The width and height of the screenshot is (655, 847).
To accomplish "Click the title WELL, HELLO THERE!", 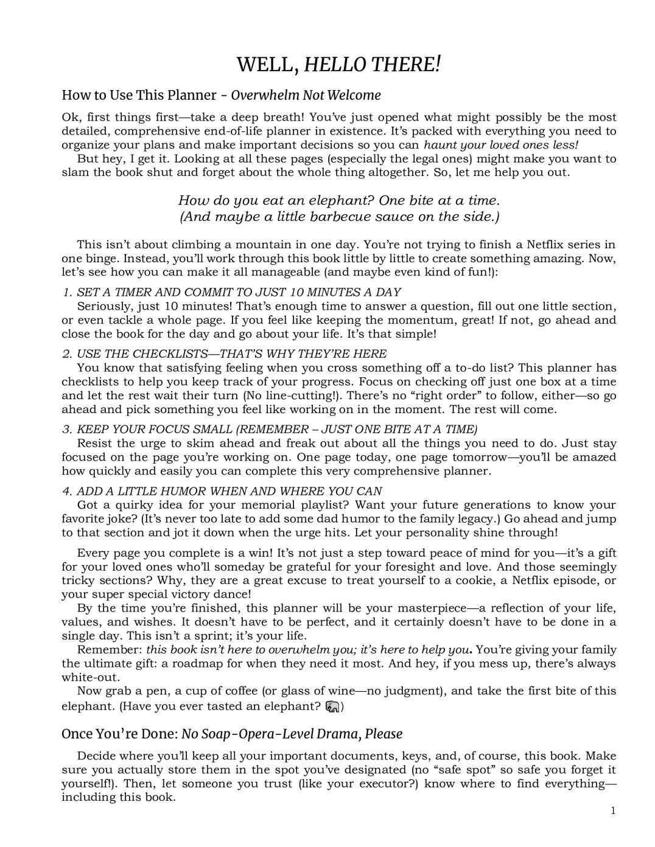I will pyautogui.click(x=338, y=63).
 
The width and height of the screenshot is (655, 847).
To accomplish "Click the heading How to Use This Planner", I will pyautogui.click(x=139, y=95).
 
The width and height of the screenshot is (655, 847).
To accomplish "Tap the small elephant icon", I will pyautogui.click(x=332, y=706).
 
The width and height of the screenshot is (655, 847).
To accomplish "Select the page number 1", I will pyautogui.click(x=613, y=810).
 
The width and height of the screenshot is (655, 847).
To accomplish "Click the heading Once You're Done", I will pyautogui.click(x=119, y=734).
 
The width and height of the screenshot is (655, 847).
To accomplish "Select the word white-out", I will pyautogui.click(x=89, y=677).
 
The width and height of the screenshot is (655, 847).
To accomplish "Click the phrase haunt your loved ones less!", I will pyautogui.click(x=500, y=145).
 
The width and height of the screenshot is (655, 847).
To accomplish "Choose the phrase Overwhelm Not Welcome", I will pyautogui.click(x=306, y=95).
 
